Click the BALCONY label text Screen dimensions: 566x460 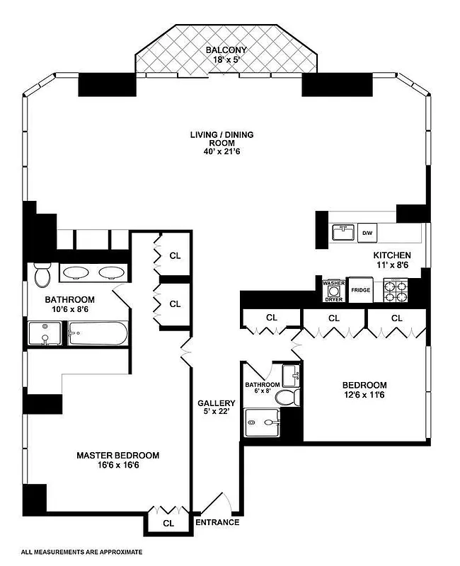pos(226,50)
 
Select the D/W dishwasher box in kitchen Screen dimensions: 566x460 pos(367,232)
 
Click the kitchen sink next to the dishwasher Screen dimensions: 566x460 pos(343,232)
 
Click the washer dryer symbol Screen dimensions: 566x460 pos(333,291)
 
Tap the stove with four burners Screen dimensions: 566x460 pos(396,289)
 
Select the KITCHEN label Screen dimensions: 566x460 pos(392,255)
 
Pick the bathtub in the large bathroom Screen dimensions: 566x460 pos(98,333)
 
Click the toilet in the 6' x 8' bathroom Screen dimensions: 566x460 pos(285,397)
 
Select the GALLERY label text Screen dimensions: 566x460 pos(216,403)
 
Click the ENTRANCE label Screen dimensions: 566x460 pos(218,523)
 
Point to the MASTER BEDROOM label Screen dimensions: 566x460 pos(117,455)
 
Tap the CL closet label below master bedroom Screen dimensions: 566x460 pos(168,524)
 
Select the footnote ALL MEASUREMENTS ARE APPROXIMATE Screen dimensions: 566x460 pos(81,551)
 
